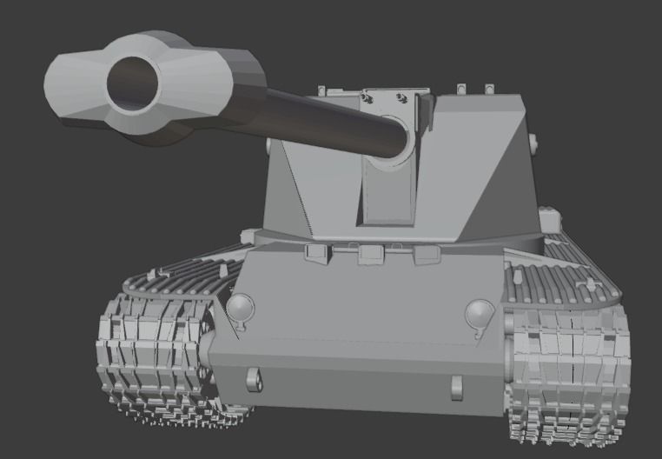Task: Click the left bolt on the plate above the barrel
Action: coord(371,99)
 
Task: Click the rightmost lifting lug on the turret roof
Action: coord(489,88)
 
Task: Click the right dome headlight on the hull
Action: coord(479,312)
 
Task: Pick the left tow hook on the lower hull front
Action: coord(253,379)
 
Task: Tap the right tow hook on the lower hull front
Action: coord(454,385)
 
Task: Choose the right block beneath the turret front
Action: coord(426,255)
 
